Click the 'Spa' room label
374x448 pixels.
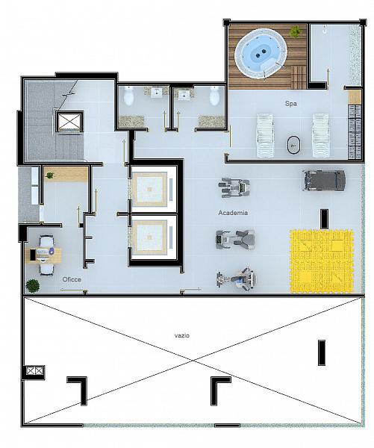pos(291,104)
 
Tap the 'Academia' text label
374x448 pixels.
pos(233,213)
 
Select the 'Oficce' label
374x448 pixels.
pos(72,279)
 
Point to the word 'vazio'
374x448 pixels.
pos(182,335)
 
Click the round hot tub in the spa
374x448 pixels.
pos(260,54)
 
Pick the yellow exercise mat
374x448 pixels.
pos(322,261)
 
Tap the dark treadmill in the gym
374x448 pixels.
pos(324,181)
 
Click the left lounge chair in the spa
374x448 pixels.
pos(266,135)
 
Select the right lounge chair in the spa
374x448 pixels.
pos(321,135)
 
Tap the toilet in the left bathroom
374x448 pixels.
pos(128,96)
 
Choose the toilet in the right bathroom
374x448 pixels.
pos(214,96)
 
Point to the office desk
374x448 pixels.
pos(43,255)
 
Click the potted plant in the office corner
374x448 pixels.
pos(33,286)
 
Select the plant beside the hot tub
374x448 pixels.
pos(295,31)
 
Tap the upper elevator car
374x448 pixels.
pos(150,189)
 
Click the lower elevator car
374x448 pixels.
pos(150,237)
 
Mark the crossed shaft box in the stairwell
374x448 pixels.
pos(69,122)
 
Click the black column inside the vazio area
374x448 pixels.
pos(322,352)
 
